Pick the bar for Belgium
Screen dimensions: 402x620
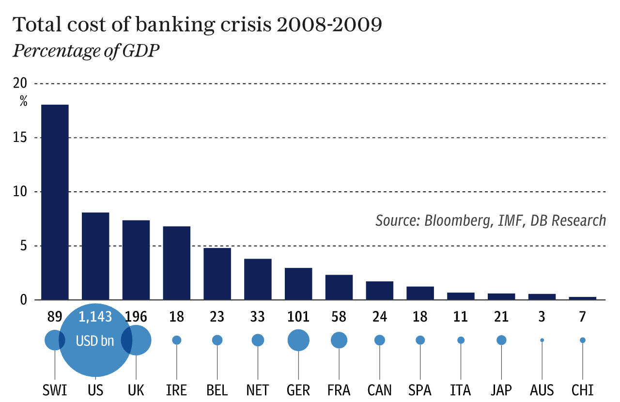tap(217, 274)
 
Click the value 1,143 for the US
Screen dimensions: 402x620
tap(95, 317)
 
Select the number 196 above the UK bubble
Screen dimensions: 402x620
tap(136, 317)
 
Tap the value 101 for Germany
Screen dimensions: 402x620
tap(298, 317)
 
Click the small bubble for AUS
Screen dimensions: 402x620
tap(542, 340)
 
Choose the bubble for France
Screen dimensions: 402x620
tap(339, 340)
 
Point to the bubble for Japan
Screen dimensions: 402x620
tap(501, 340)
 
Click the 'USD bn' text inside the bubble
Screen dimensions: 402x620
tap(95, 341)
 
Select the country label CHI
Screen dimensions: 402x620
tap(582, 390)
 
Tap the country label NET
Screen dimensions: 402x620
tap(258, 390)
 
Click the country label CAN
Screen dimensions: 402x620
tap(380, 390)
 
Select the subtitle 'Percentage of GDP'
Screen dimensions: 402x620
tap(86, 50)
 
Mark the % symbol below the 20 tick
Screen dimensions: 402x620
tap(23, 101)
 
